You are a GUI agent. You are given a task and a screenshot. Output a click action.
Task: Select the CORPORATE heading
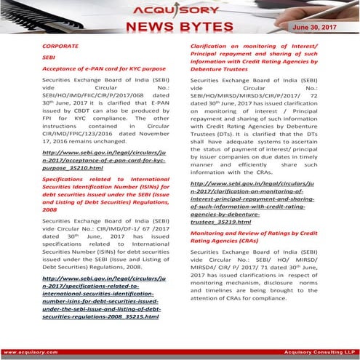60,46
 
